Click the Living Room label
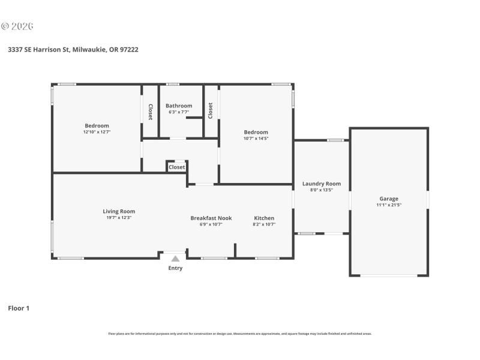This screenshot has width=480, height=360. pos(119,211)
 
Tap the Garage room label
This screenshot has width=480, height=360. pos(388,199)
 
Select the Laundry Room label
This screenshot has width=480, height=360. pos(321,184)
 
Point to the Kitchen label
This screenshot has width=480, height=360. pos(264,218)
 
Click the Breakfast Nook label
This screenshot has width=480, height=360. pos(211,218)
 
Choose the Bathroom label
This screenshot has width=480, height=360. pos(179,106)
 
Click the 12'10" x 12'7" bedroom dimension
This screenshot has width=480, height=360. pos(97,132)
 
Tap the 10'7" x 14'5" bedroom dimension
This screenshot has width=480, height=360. pos(256,139)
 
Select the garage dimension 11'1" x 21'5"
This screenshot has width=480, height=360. pos(388,205)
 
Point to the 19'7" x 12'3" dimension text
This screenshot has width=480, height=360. pos(119,218)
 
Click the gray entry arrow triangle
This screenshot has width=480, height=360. pos(175,259)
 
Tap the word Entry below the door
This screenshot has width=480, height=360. pos(175,268)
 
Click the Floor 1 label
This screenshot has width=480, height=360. pos(18,308)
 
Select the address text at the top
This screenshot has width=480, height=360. pos(73,50)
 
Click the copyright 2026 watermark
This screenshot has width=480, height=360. pos(17,26)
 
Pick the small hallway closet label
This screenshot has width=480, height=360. pos(177,167)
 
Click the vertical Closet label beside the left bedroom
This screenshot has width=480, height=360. pos(151,112)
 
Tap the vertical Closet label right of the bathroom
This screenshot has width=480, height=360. pos(211,110)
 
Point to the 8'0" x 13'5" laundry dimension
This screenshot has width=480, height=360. pos(321,190)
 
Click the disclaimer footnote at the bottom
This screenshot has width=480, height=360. pos(239,334)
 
